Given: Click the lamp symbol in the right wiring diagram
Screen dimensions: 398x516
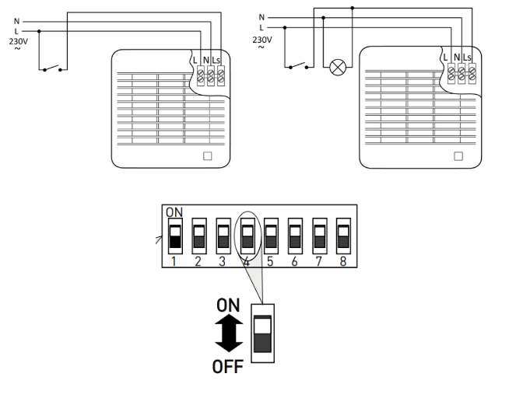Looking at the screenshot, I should [x=337, y=68].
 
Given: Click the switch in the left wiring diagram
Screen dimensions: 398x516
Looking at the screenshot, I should [x=53, y=66].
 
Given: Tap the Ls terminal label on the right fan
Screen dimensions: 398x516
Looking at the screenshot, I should [x=467, y=57].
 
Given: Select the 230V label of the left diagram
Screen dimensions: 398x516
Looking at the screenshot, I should [x=16, y=40].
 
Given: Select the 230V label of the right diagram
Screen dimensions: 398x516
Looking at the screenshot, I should [x=263, y=39].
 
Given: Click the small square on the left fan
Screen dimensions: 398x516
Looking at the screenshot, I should [x=207, y=155].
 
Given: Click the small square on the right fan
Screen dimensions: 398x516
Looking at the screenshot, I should [x=457, y=155].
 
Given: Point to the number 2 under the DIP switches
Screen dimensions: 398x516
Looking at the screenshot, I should [x=198, y=262].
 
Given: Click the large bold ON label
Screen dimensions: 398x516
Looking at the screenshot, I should [x=228, y=306].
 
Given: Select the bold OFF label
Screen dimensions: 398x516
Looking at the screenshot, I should [x=227, y=366].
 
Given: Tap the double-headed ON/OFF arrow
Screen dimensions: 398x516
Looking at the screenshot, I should [x=228, y=336].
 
